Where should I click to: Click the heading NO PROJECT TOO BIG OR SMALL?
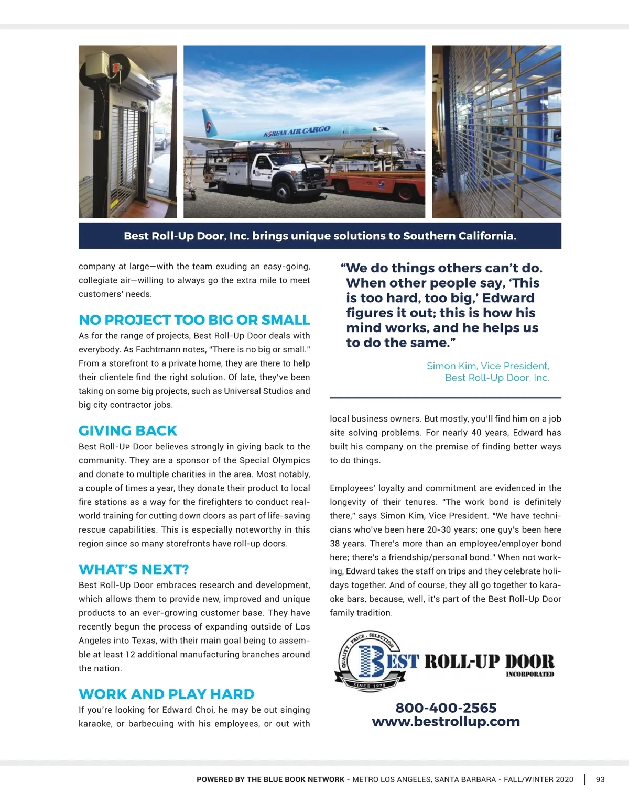point(194,320)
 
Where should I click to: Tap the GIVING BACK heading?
point(128,431)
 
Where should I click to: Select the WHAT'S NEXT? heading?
point(134,570)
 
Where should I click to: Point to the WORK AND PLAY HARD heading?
point(166,694)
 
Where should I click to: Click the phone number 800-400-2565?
point(446,708)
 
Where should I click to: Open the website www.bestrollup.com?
point(446,722)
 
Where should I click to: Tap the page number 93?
point(600,779)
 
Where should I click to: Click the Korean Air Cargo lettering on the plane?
point(297,131)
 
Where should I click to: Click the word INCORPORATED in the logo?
point(529,675)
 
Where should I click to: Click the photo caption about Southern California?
point(320,236)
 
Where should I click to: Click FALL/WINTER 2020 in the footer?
point(538,779)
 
